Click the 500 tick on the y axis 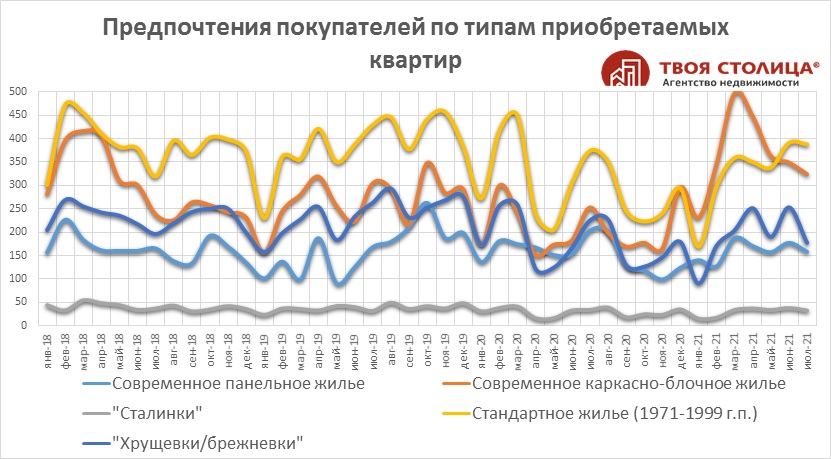pos(17,92)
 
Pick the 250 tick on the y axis pos(17,208)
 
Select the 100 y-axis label pos(17,278)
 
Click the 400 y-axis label pos(17,138)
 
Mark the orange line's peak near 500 pos(738,92)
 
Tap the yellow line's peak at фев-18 pos(68,102)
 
